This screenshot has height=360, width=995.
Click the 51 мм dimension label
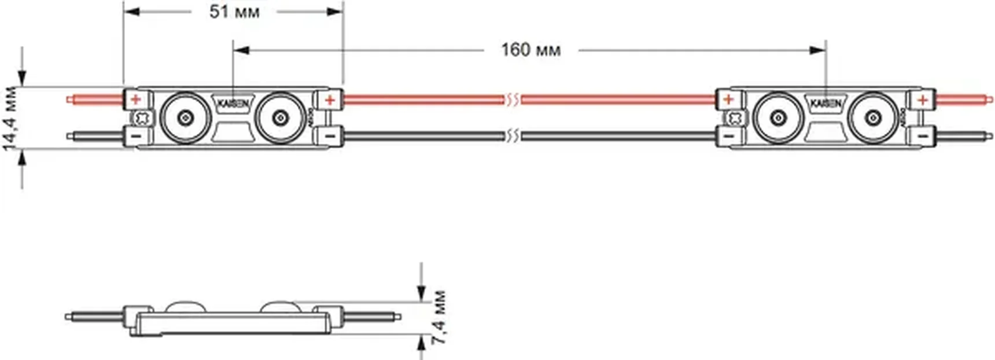(234, 11)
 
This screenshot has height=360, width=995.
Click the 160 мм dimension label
(530, 50)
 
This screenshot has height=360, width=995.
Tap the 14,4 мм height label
(10, 119)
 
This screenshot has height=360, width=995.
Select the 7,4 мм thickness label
(440, 318)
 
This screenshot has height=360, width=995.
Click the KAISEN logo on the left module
(233, 104)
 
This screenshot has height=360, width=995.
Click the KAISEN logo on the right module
(826, 104)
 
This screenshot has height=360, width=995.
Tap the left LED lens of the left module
(185, 117)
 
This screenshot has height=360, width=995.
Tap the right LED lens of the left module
(280, 117)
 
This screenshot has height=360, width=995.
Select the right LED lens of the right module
(872, 117)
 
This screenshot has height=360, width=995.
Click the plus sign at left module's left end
(135, 100)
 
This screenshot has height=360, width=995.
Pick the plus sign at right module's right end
(923, 100)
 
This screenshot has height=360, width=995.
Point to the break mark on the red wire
(512, 100)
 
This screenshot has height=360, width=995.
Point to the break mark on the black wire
(512, 137)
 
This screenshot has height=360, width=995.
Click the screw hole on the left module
(142, 118)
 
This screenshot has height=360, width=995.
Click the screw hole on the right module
(735, 118)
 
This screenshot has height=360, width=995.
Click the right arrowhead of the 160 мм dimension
(818, 50)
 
